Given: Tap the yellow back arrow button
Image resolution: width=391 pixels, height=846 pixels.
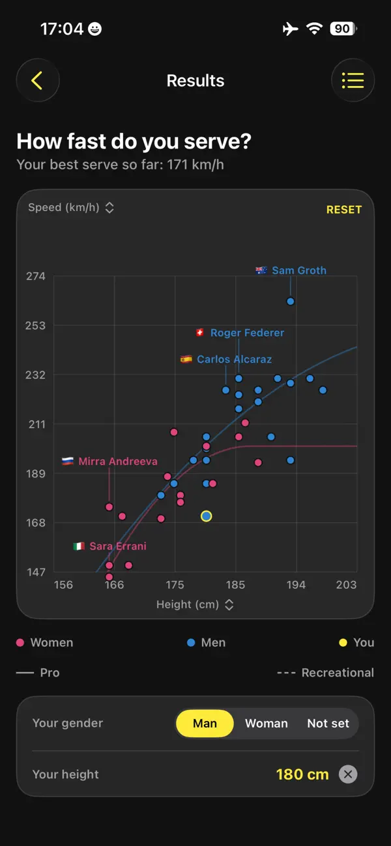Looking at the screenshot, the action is (37, 80).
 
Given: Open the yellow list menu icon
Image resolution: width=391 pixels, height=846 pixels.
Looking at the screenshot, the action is (353, 80).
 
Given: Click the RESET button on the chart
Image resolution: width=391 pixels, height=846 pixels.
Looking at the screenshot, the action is (344, 210).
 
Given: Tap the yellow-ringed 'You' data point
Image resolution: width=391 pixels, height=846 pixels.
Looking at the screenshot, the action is (207, 516).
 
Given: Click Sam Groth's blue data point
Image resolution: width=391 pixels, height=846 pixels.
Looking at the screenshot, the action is (291, 302).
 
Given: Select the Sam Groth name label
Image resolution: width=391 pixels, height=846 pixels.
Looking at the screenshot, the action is (299, 270).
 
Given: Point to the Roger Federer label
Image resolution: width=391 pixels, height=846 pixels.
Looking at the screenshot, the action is (247, 333).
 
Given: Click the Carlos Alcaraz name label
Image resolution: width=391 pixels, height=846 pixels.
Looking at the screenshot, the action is (234, 359).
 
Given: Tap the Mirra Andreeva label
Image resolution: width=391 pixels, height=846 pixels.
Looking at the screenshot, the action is (118, 461).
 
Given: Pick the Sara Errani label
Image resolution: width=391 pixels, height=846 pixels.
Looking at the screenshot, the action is (118, 546).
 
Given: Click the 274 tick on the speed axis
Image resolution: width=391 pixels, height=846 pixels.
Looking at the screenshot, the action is (35, 276).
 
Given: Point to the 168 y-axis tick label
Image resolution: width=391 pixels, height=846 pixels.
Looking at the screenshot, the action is (35, 523).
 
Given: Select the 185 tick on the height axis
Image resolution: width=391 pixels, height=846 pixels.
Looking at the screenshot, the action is (235, 585).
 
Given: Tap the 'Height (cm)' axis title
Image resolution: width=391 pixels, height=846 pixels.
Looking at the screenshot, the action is (188, 604).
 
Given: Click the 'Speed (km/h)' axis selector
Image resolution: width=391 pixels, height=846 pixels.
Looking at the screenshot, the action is (71, 207).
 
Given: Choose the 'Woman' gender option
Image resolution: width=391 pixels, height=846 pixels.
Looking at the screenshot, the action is (267, 724).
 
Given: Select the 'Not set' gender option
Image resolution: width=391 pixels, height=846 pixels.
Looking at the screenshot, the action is (328, 724).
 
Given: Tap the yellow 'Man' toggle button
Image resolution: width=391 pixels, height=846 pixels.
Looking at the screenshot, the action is (205, 724).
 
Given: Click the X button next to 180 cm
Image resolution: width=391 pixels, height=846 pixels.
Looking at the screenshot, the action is (348, 774).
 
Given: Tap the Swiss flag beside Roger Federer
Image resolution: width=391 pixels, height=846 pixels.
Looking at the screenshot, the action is (200, 332).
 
